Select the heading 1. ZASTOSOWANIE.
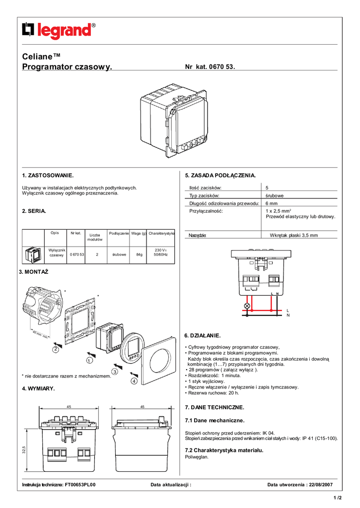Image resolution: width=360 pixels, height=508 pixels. pos(48,176)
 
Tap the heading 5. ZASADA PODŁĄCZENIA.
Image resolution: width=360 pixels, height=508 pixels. pos(220,176)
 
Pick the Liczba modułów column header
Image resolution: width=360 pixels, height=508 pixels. pos(95,237)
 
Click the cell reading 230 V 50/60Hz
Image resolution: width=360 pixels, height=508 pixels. pos(161,252)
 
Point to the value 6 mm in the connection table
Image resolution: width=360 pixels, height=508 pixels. pos(272,203)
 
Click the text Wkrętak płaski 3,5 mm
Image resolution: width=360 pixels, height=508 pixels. pos(293,235)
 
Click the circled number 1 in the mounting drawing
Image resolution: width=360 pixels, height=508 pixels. pos(90,360)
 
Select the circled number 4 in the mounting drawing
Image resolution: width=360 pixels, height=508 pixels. pos(134,381)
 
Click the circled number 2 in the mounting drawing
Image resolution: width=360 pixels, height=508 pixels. pos(56,349)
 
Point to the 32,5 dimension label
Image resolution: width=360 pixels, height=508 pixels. pos(24,449)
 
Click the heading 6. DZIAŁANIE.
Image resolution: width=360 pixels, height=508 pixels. pos(202,336)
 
